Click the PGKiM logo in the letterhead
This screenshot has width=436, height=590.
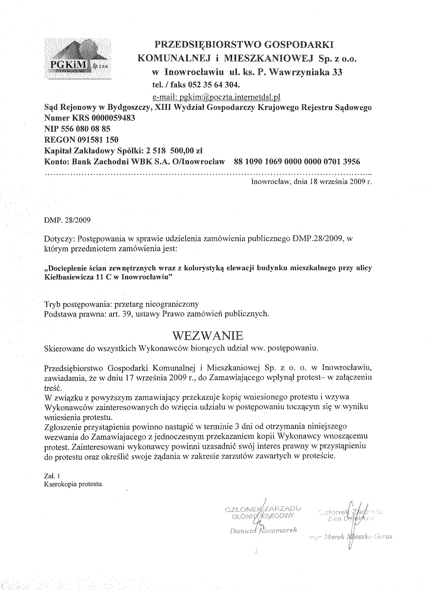click(x=78, y=58)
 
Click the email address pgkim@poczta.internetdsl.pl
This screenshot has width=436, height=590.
click(x=216, y=98)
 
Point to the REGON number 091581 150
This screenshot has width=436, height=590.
click(x=97, y=140)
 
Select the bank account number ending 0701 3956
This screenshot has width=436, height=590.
click(x=297, y=161)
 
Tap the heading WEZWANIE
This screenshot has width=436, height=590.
click(x=208, y=335)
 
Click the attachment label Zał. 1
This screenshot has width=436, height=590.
click(x=52, y=476)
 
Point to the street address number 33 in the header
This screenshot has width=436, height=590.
click(x=337, y=72)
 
